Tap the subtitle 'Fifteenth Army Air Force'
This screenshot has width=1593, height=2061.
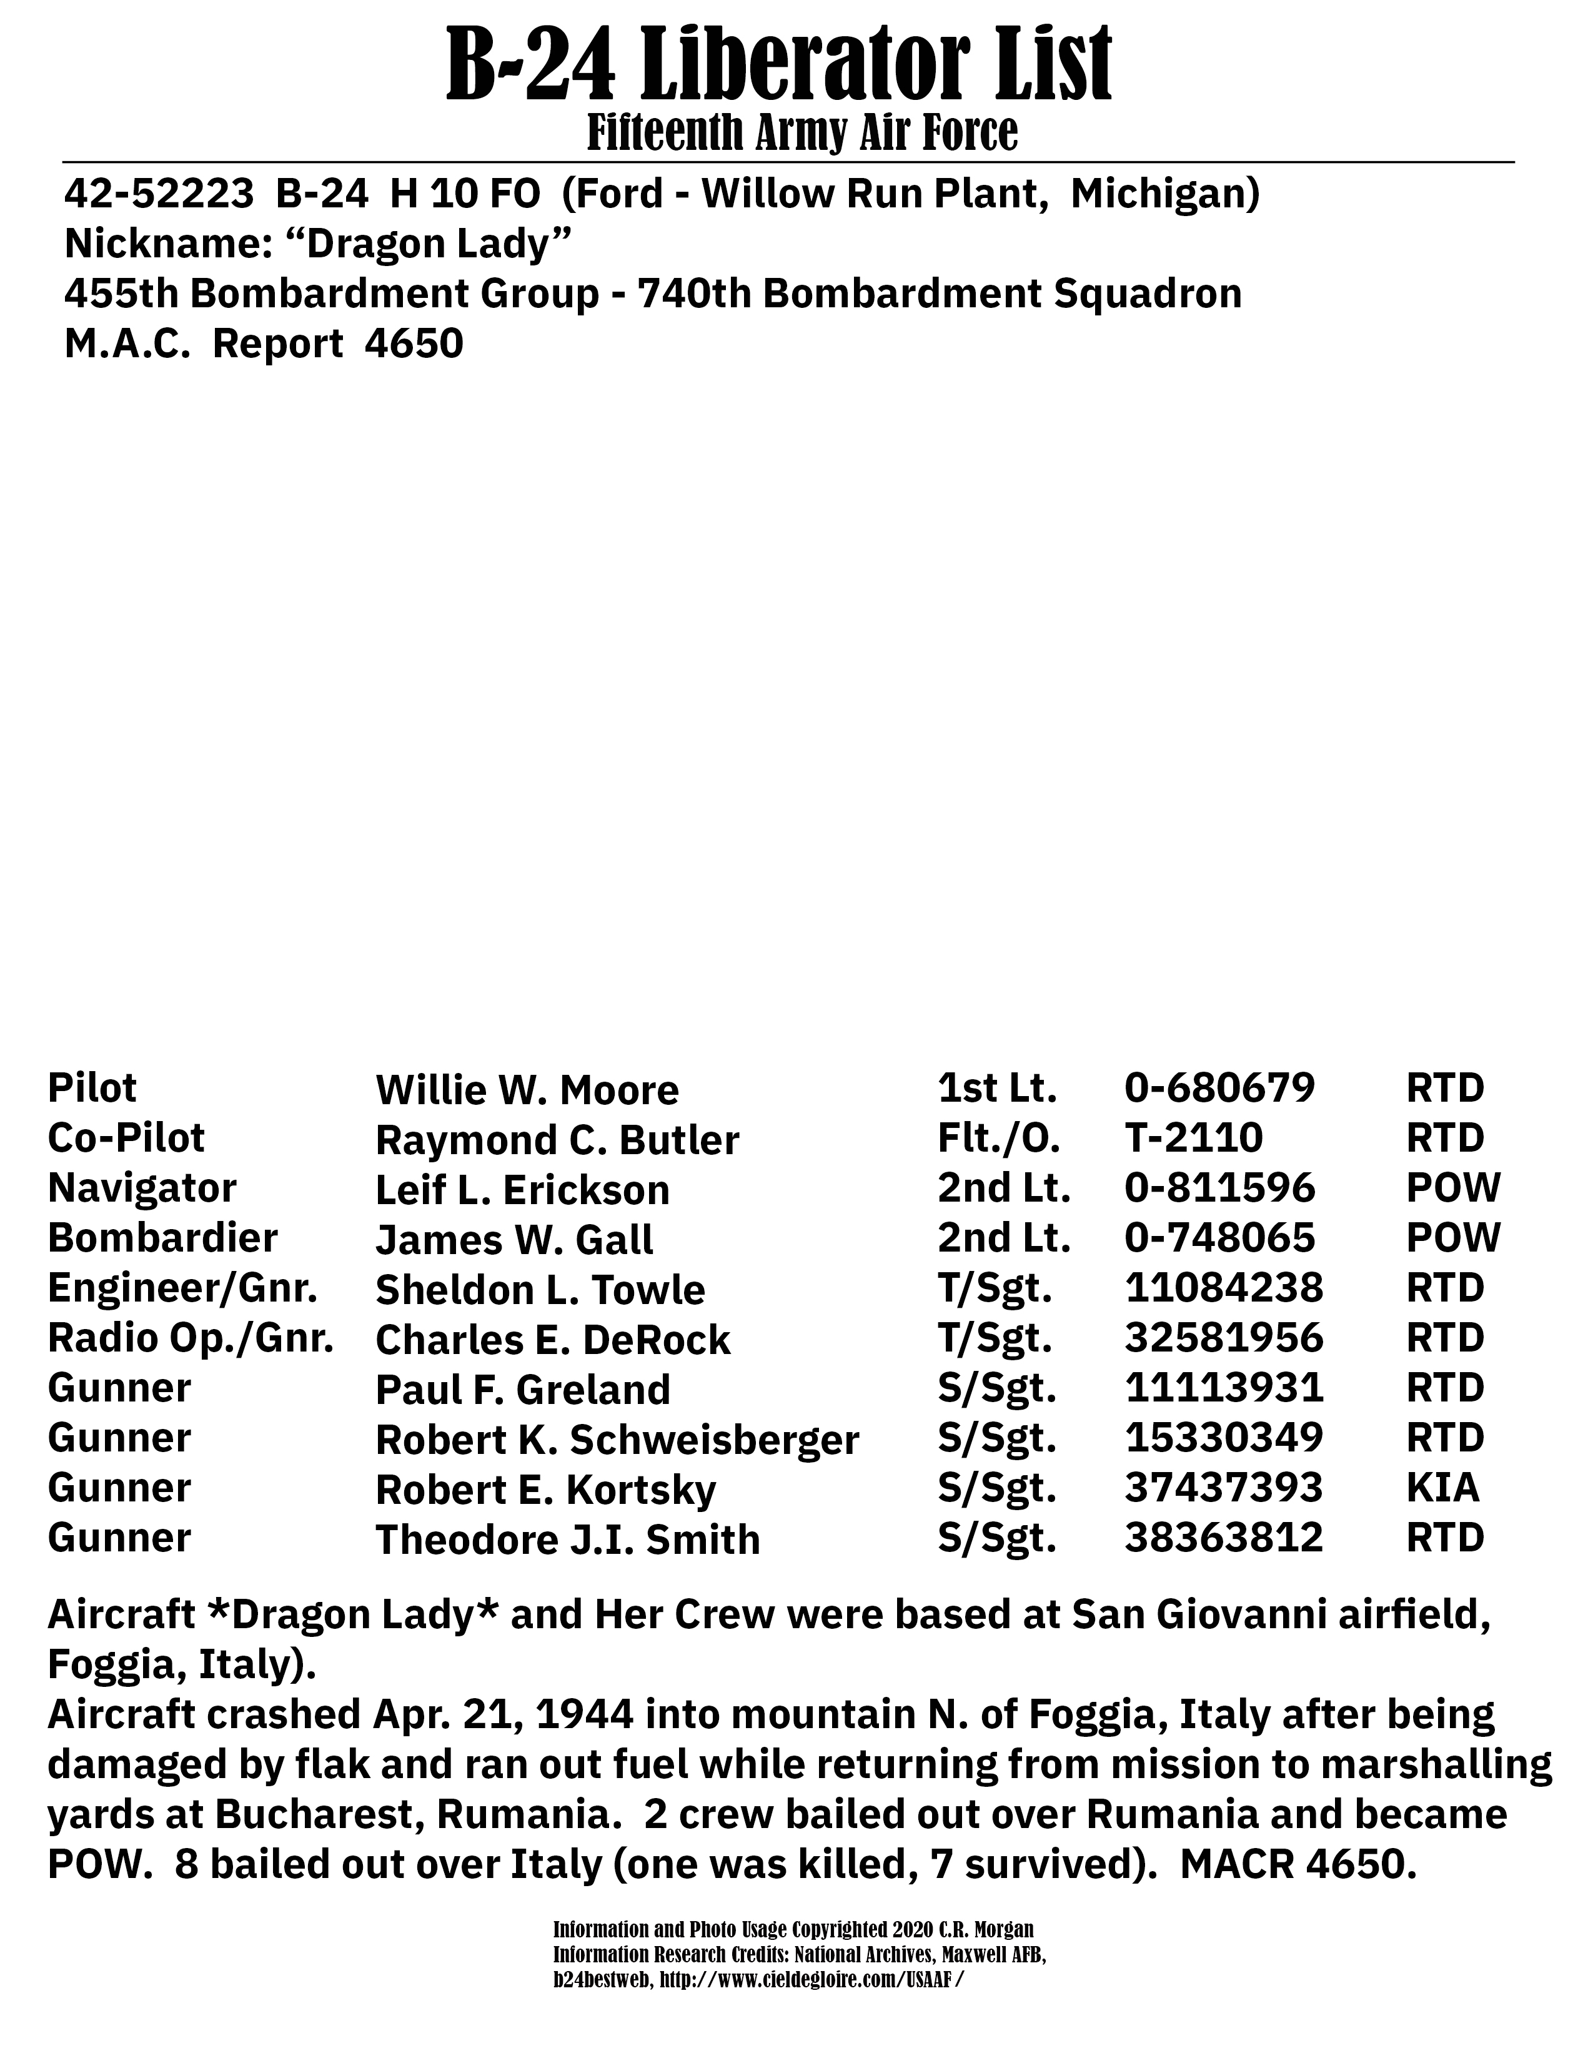(x=802, y=133)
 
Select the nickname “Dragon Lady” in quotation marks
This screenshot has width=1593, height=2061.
(x=429, y=244)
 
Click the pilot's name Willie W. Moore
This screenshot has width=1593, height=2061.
(x=527, y=1090)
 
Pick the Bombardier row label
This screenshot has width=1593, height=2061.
(x=162, y=1238)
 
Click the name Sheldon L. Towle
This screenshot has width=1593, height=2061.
(x=540, y=1290)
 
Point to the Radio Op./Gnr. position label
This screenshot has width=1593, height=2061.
(x=190, y=1338)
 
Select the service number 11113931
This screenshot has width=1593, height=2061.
(x=1224, y=1388)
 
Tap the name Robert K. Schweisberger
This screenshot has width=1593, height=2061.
(x=617, y=1440)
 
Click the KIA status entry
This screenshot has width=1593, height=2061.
(x=1442, y=1488)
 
